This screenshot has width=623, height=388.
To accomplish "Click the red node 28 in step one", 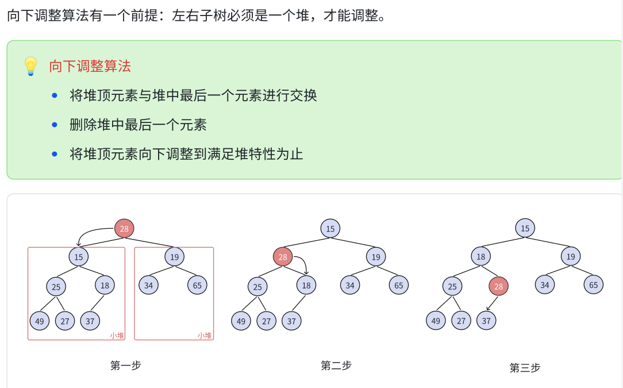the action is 124,229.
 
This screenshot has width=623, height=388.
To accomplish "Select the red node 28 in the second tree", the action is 283,257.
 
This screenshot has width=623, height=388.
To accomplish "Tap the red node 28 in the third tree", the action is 499,286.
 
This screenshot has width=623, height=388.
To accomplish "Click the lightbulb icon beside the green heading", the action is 30,66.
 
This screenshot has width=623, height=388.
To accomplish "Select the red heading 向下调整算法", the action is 90,66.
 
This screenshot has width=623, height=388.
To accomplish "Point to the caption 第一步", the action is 126,365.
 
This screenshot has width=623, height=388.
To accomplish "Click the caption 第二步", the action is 336,365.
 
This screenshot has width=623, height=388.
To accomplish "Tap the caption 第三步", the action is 525,367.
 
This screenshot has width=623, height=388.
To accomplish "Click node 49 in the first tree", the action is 39,321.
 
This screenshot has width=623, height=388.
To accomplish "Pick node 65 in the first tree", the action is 197,285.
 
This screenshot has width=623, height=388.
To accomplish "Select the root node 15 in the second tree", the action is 330,229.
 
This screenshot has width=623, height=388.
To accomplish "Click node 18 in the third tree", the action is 481,256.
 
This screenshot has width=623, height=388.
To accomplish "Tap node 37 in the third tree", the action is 486,320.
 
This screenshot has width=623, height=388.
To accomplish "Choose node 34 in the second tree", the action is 349,285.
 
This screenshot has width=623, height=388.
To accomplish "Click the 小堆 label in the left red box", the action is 117,335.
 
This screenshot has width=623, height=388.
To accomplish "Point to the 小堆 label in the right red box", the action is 205,335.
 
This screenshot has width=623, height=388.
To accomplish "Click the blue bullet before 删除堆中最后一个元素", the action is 55,124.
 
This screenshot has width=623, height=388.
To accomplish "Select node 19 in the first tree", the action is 174,256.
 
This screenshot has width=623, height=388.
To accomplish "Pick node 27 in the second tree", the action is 266,321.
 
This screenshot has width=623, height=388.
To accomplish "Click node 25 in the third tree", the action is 452,286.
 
